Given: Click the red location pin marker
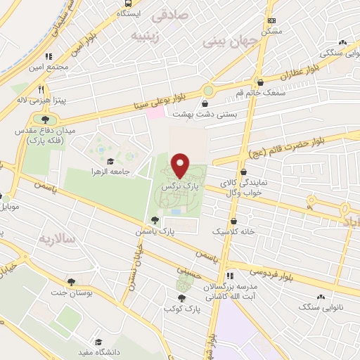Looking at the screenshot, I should click(x=181, y=166).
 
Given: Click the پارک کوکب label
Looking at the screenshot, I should click(x=184, y=309).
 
